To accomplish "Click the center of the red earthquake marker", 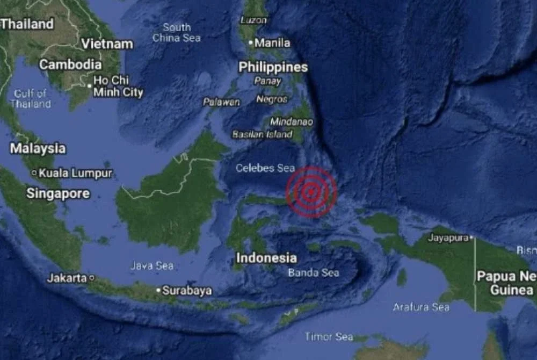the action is coord(311,191).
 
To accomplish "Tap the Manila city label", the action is coord(272,43).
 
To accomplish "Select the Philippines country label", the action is coord(273,67).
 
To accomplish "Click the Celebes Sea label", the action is coord(265,168).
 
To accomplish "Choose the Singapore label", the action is coord(58,194).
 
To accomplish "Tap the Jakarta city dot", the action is coord(92,278).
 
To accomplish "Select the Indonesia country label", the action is coord(266,258).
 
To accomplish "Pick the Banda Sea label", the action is coord(314,273).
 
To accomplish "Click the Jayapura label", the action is coord(448,237).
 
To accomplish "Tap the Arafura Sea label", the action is coord(421,307).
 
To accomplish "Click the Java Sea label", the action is coord(152,265).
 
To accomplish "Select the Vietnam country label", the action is coord(107,44).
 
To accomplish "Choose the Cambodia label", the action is coord(70,64).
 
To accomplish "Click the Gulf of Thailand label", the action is coord(30,98).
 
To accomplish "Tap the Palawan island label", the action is coord(221,102).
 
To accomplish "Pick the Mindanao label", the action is coord(291,122).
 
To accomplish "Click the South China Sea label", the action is coord(177,32).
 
